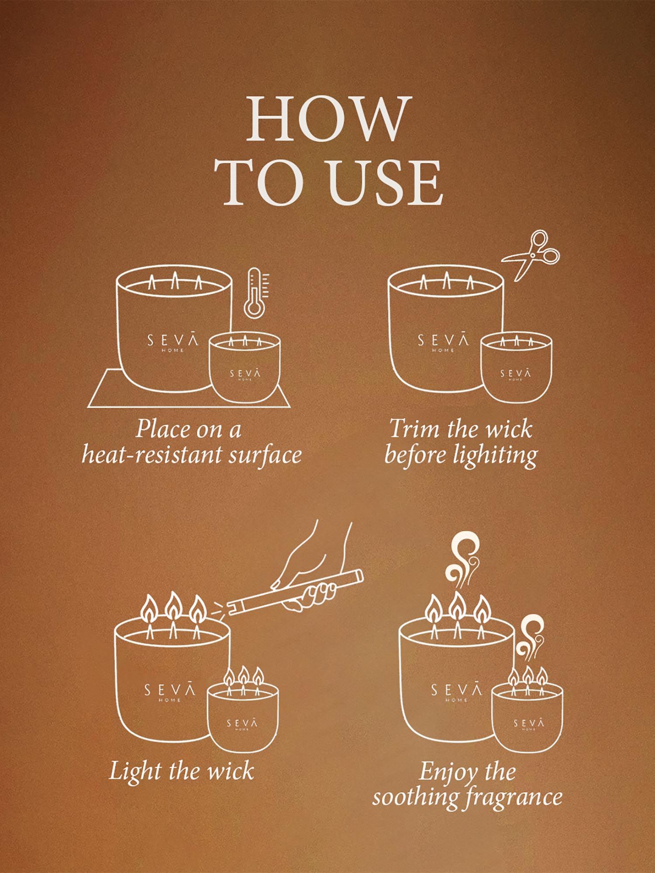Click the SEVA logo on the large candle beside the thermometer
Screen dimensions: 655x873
point(173,341)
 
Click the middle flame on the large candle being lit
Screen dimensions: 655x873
point(174,608)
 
